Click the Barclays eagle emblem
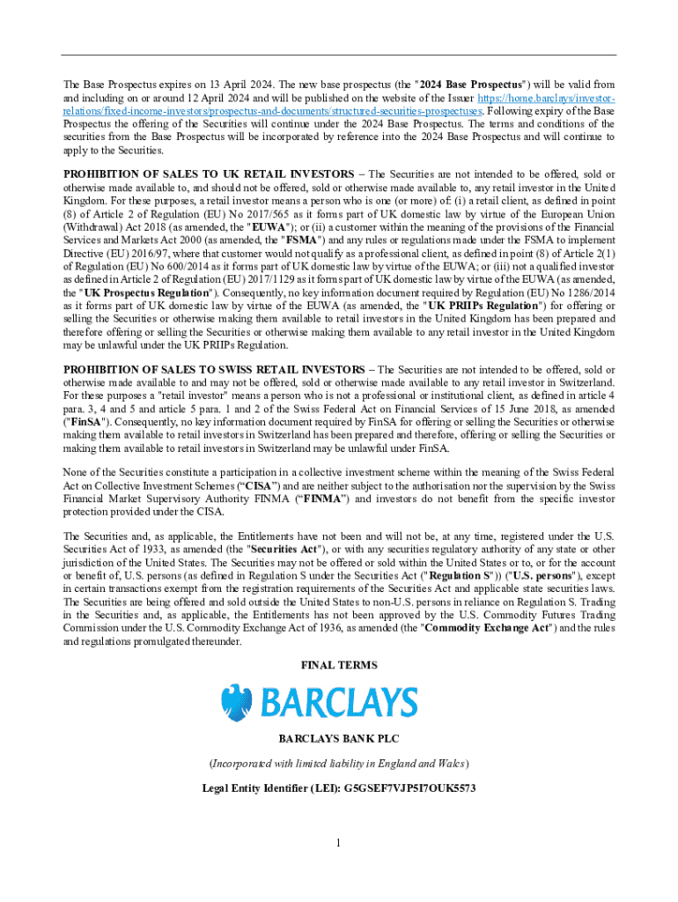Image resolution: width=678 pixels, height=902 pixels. tap(235, 703)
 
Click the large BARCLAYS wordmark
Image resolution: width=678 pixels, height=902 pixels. tap(338, 704)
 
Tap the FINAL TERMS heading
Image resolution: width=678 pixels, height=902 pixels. tap(339, 666)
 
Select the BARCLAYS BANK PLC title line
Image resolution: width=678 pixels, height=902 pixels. tap(339, 739)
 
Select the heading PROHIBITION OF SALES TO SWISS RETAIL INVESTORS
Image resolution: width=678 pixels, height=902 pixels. tap(214, 369)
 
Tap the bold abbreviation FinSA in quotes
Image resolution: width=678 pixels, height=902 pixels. tap(85, 421)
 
